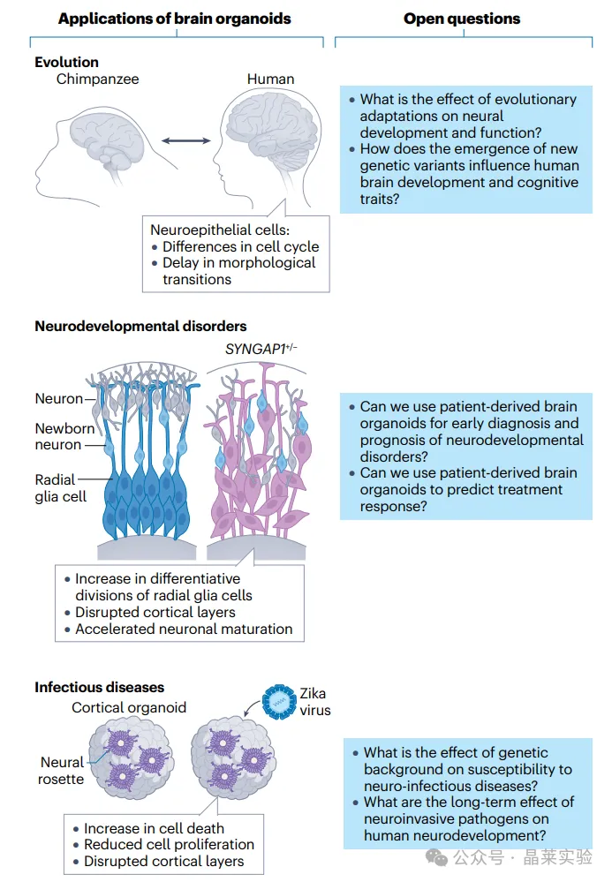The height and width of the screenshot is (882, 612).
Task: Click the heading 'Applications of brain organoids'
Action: (174, 19)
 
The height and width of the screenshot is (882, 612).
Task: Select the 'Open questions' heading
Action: (462, 19)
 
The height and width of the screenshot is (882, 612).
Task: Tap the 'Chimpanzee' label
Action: (97, 79)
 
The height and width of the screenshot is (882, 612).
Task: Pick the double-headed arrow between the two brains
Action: (185, 139)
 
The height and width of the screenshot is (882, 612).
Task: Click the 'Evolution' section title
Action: (67, 62)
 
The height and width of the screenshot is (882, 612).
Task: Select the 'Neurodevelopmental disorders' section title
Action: (140, 327)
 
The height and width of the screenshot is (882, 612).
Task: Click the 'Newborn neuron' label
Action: (58, 436)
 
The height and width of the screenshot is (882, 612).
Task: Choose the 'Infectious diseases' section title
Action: (99, 687)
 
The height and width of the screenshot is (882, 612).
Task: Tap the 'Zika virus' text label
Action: (314, 702)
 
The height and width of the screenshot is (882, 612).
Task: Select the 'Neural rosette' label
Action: (62, 770)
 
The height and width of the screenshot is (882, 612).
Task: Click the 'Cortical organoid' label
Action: (129, 708)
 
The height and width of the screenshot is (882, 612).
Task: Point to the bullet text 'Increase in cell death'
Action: (154, 828)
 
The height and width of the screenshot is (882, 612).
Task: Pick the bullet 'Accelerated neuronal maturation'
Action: (184, 629)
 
